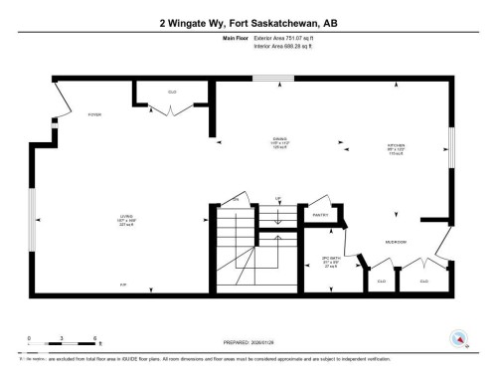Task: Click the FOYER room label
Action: coord(95,114)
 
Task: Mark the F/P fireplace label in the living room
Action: coord(124,286)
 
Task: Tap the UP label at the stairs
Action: coord(278,197)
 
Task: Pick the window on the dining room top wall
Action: coord(266,78)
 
